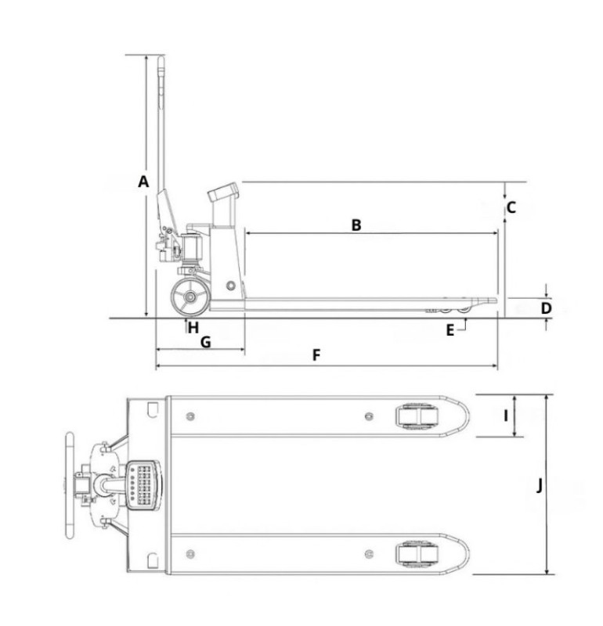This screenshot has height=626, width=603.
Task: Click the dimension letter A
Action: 143,182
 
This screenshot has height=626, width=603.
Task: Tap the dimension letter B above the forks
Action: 356,225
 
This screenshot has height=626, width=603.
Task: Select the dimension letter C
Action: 511,207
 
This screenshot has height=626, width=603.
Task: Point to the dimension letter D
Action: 547,308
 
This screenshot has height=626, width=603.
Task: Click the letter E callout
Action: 450,330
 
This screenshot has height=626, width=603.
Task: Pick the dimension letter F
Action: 316,355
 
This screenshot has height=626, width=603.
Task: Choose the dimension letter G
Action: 205,342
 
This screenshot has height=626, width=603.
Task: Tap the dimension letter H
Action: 193,328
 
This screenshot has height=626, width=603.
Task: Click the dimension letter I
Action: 505,416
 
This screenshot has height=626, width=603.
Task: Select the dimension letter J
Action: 539,485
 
